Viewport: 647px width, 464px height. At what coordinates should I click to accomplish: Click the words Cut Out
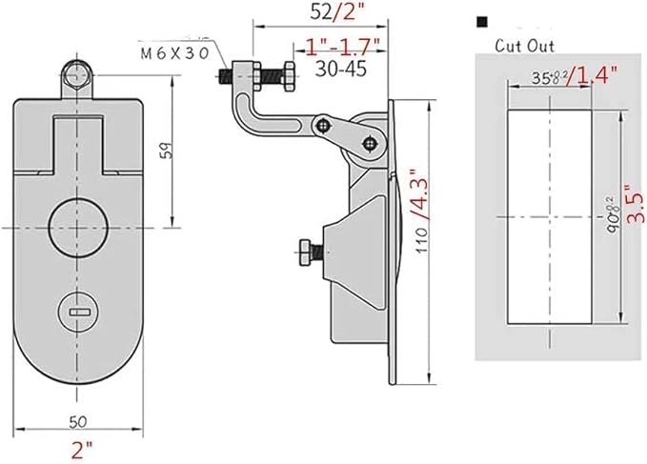[x=524, y=45]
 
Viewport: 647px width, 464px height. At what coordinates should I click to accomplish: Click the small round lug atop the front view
[x=79, y=73]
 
